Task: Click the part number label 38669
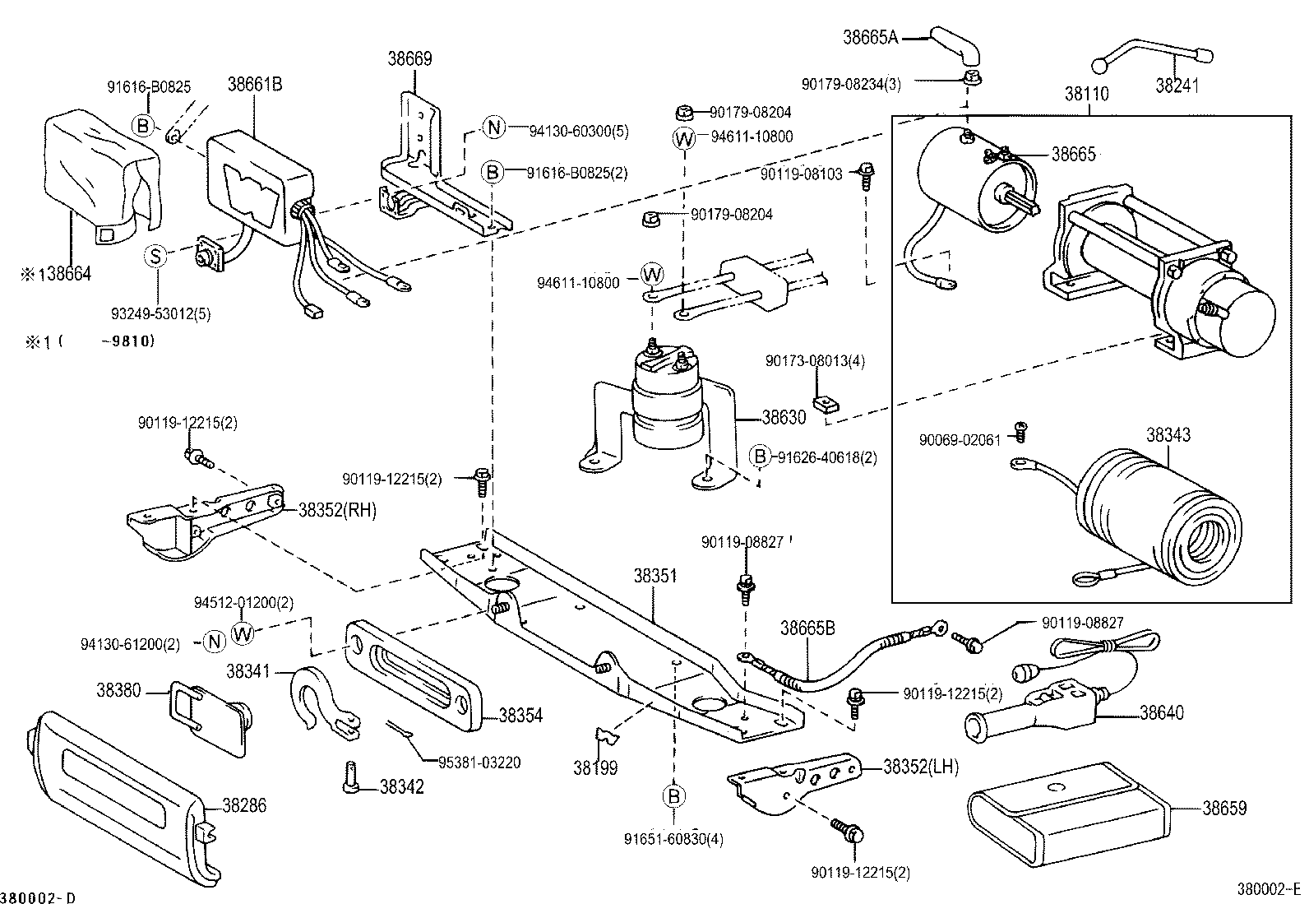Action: click(x=409, y=59)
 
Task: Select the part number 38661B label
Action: click(x=255, y=84)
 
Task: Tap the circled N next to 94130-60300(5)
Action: click(x=493, y=127)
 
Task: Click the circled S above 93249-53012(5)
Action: click(x=155, y=256)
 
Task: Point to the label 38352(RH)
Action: click(x=336, y=511)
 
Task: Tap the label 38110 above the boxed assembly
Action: click(x=1087, y=94)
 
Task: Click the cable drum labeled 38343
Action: click(x=1159, y=518)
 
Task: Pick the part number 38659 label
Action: click(x=1224, y=809)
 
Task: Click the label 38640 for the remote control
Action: click(x=1161, y=713)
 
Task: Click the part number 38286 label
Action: click(x=244, y=806)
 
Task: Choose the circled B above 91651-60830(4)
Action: click(x=673, y=796)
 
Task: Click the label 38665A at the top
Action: click(x=871, y=37)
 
